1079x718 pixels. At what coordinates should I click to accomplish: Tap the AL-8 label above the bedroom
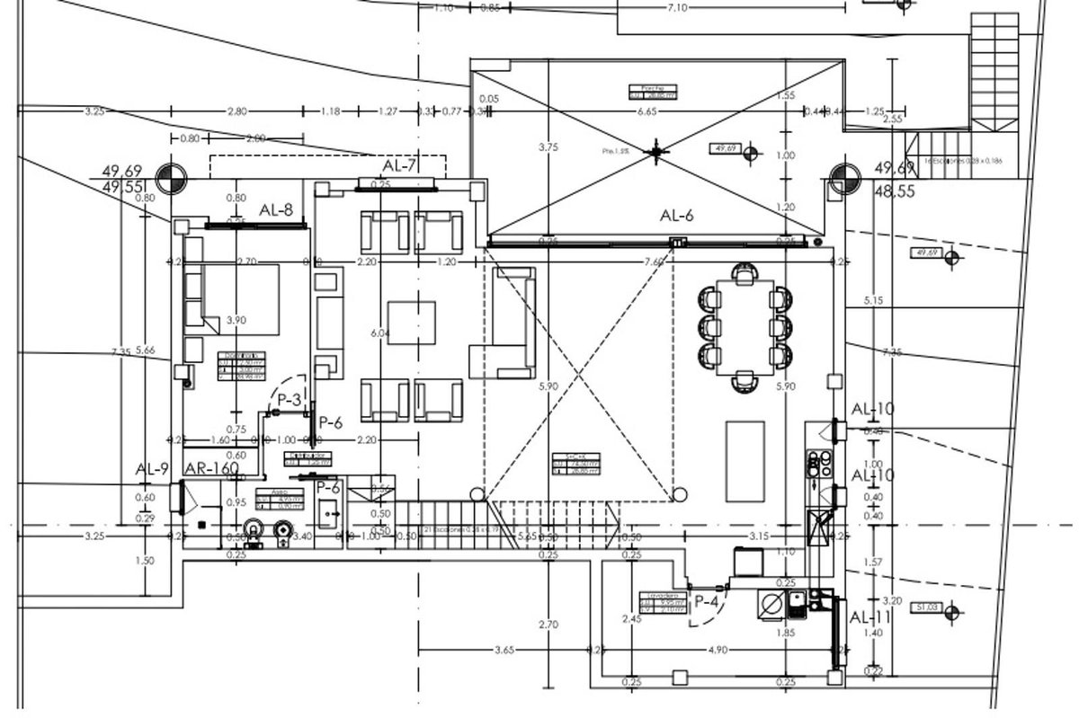(x=276, y=209)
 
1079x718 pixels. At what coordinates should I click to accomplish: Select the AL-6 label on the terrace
(x=677, y=215)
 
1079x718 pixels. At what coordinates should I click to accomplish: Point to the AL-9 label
(x=152, y=468)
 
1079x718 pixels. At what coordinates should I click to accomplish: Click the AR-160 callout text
(x=211, y=468)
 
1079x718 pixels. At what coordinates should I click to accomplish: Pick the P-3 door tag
(x=289, y=399)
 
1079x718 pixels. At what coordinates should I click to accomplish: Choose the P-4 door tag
(x=705, y=602)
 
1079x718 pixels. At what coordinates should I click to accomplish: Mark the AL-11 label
(x=869, y=617)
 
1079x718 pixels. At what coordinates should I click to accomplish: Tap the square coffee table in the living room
(x=411, y=322)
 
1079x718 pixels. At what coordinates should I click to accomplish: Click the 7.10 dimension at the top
(x=678, y=8)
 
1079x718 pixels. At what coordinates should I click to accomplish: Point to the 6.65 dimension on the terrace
(x=647, y=111)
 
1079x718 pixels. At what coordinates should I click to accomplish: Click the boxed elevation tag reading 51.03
(x=926, y=608)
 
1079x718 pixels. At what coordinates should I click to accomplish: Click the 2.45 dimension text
(x=630, y=618)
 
